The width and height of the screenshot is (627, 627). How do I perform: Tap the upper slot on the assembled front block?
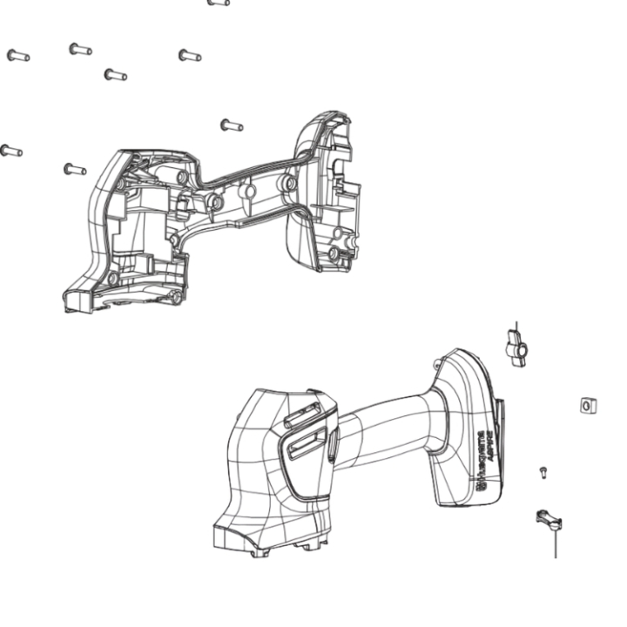coord(301,417)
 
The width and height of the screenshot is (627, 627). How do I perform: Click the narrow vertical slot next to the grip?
coord(333,444)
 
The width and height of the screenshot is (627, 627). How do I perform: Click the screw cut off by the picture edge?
coord(219,3)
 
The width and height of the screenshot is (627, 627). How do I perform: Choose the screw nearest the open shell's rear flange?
coord(231,125)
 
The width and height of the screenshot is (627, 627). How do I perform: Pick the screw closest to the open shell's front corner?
coord(75,168)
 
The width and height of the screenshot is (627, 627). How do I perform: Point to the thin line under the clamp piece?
coord(555,544)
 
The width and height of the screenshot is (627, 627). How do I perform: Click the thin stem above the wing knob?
coord(516,327)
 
